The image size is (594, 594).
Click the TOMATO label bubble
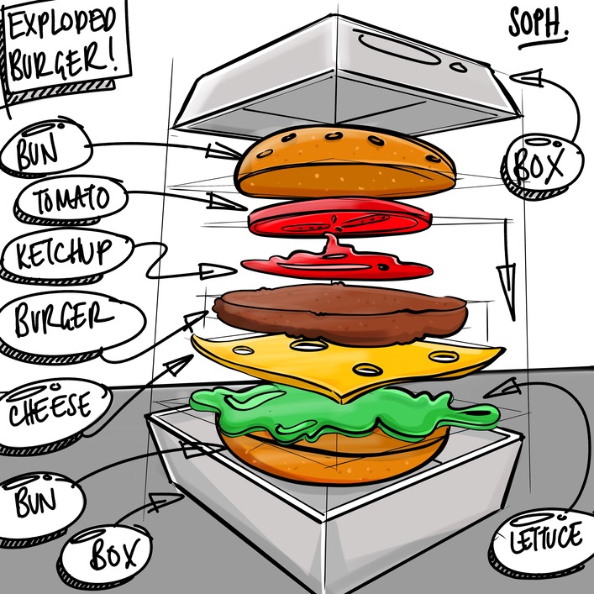coord(72,200)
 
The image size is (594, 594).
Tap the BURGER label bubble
coord(63,320)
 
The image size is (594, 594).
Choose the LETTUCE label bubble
coord(545,535)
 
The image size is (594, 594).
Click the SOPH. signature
coord(539,25)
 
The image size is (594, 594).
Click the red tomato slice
coord(340,217)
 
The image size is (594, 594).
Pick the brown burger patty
coord(339,309)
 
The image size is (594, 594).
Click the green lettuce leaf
coord(336,410)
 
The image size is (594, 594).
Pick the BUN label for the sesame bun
coord(42,152)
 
